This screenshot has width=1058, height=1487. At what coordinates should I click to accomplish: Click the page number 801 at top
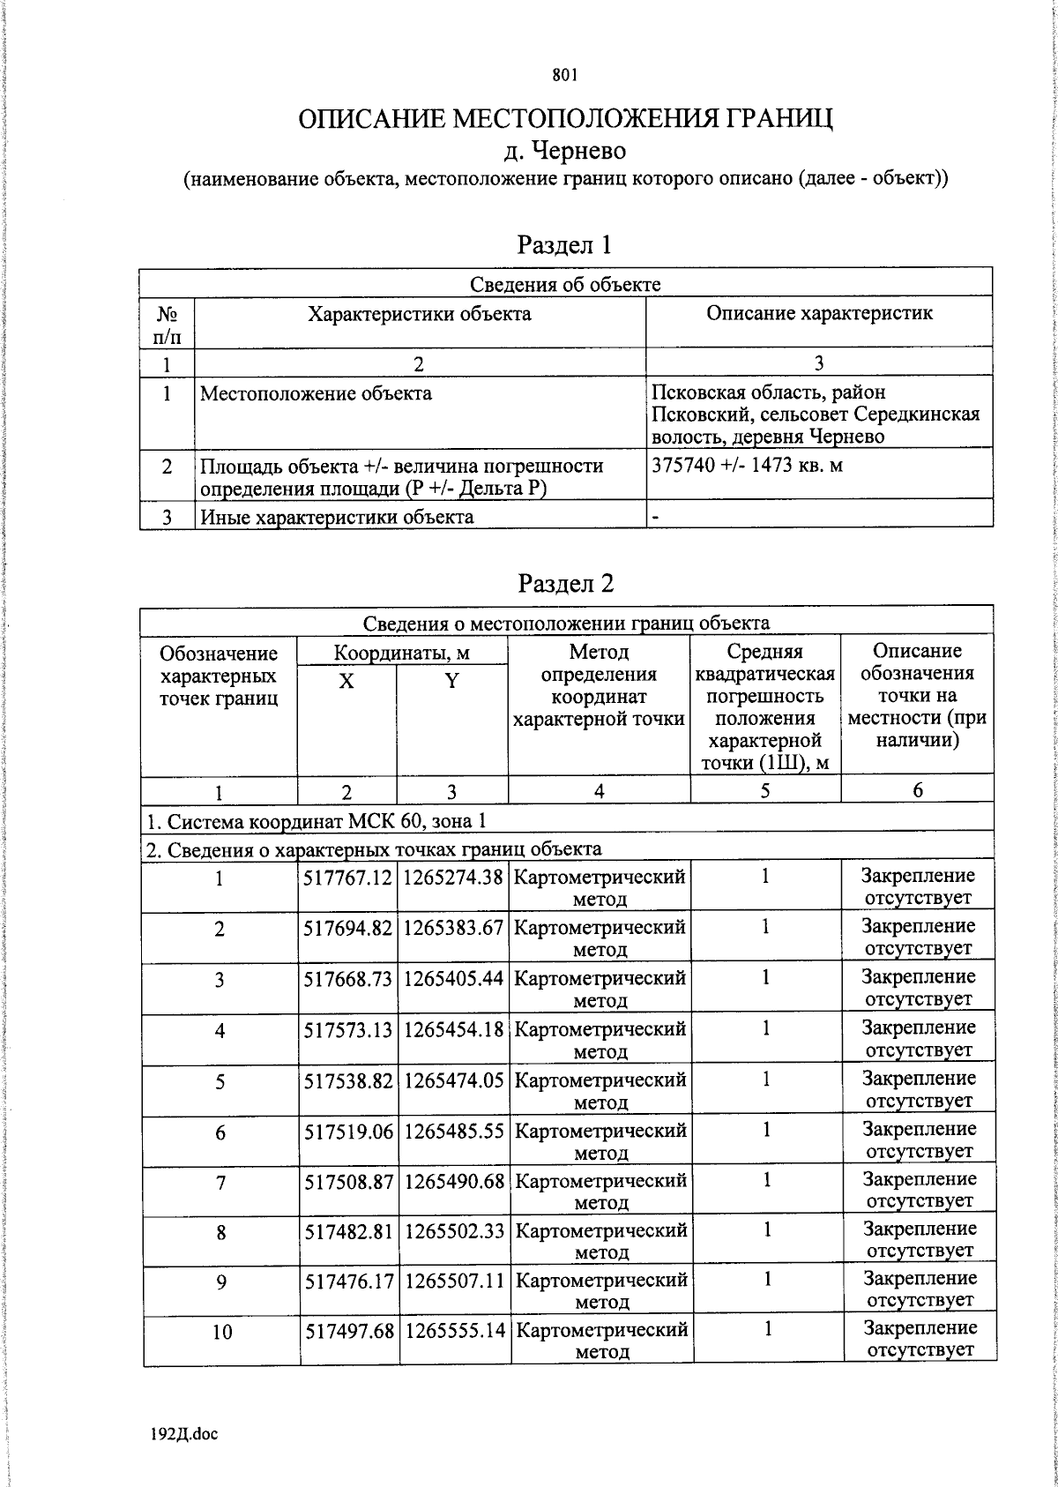[x=564, y=76]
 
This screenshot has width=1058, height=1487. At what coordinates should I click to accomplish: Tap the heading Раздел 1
[x=564, y=244]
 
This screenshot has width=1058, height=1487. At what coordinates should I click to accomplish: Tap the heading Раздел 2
[x=565, y=583]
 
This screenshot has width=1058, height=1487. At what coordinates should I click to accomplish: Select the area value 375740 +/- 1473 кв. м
[x=747, y=466]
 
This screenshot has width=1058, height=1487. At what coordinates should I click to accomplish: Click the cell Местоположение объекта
[x=316, y=393]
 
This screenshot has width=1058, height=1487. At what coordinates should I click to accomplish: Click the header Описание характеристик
[x=819, y=314]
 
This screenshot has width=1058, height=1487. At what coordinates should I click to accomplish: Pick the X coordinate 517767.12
[x=347, y=878]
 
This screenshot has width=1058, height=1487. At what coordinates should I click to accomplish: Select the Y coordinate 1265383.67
[x=452, y=928]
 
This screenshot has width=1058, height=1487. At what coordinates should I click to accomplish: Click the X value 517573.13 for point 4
[x=347, y=1029]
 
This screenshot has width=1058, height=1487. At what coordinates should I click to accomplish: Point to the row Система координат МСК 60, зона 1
[x=316, y=822]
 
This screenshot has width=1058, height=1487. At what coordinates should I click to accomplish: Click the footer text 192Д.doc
[x=184, y=1433]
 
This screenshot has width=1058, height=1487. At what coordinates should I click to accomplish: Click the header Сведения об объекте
[x=564, y=284]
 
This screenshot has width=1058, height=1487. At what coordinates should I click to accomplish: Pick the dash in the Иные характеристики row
[x=655, y=517]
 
